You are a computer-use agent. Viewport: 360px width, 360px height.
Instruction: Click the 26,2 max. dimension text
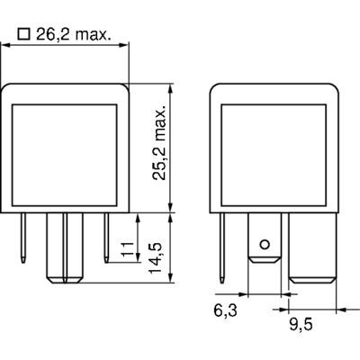coord(74,34)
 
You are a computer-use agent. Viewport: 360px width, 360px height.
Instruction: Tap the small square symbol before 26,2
coord(24,34)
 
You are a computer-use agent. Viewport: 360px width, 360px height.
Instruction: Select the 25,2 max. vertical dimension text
coord(159,143)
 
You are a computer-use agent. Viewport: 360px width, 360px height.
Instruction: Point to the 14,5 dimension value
coord(156,258)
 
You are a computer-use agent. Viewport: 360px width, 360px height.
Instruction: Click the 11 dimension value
coord(128,248)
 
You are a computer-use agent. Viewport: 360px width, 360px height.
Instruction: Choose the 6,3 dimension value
coord(225,310)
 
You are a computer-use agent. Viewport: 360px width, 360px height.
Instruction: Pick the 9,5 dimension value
coord(301,325)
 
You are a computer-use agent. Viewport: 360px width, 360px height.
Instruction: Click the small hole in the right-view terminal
coord(265,245)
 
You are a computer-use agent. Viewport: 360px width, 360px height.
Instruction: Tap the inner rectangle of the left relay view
coord(64,155)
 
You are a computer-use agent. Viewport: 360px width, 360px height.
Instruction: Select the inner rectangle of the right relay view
coord(274,155)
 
